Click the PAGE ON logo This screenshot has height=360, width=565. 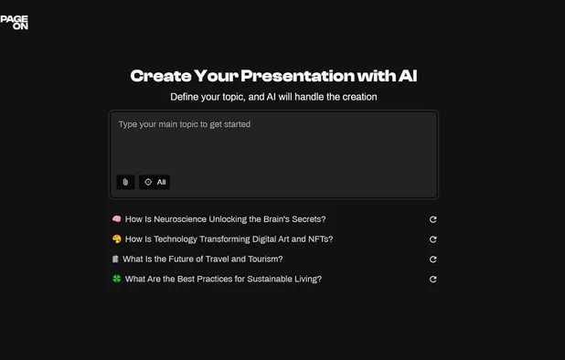[15, 22]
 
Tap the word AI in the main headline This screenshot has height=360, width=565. [407, 76]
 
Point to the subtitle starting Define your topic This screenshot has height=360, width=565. [273, 96]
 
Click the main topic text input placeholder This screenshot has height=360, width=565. [185, 124]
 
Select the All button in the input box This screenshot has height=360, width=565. [155, 182]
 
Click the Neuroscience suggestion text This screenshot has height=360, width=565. [225, 219]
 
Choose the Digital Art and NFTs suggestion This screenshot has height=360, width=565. [229, 239]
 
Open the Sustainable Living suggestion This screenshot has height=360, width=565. [223, 280]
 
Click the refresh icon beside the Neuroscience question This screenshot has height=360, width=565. [432, 219]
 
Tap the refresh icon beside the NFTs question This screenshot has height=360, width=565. [432, 239]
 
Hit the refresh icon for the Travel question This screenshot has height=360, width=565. [432, 259]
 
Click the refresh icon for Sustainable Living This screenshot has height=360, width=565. [432, 280]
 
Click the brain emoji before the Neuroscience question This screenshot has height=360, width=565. [116, 219]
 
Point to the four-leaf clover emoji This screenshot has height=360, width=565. [116, 280]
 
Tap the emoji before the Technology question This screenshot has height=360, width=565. [116, 239]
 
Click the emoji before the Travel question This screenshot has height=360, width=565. [115, 259]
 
